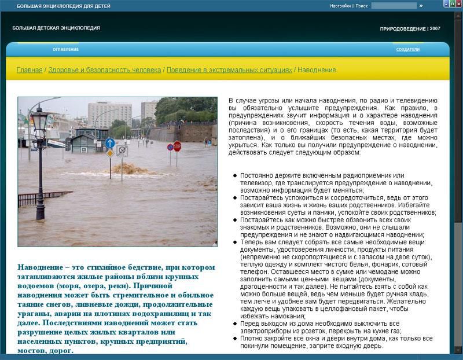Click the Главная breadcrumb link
coord(29,70)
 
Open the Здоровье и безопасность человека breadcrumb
coord(105,70)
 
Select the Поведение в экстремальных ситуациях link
coord(229,70)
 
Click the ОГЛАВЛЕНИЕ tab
coord(66,50)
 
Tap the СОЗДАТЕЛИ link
coord(407,50)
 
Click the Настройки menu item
coord(340,6)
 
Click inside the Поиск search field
coord(394,6)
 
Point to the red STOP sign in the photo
coord(177,146)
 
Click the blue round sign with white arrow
coord(110,142)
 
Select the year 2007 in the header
coord(435,28)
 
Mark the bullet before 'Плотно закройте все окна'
coord(234,339)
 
